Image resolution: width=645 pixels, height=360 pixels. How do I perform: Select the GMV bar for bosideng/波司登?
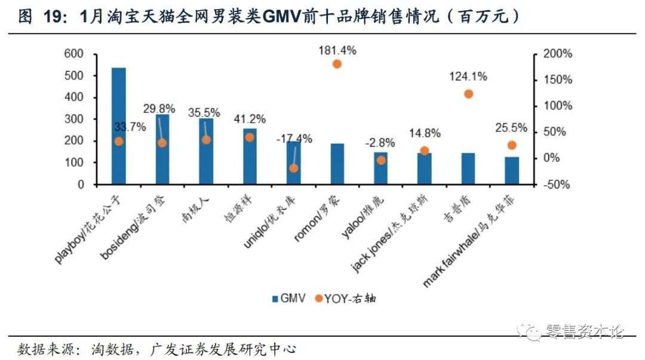coord(162,149)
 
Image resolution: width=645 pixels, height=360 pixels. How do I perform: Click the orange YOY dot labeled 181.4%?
coord(337,64)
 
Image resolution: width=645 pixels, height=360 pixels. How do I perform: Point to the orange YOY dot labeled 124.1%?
coord(468,94)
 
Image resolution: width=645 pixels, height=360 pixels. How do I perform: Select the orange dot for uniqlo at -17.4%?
coord(293,168)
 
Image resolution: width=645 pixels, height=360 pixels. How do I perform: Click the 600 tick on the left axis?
coord(75,54)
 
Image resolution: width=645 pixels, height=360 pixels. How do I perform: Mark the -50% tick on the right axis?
coord(557,184)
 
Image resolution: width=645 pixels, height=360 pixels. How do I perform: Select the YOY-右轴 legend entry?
coord(346,299)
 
